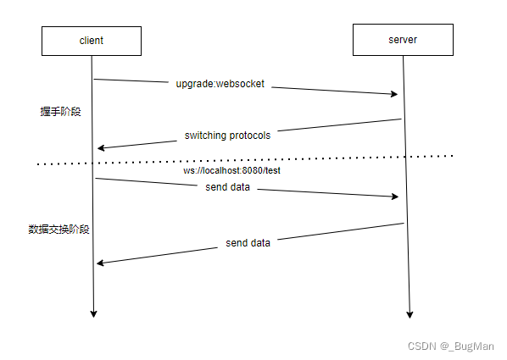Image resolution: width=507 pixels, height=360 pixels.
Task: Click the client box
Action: pyautogui.click(x=92, y=41)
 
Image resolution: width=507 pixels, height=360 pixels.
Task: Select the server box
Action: pyautogui.click(x=403, y=40)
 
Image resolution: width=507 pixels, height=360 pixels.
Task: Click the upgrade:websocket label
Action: pyautogui.click(x=220, y=84)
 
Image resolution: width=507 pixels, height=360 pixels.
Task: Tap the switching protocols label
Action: pyautogui.click(x=227, y=136)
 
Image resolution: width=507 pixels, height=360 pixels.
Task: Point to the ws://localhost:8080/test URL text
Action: pyautogui.click(x=231, y=170)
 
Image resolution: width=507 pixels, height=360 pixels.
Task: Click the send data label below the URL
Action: pyautogui.click(x=227, y=187)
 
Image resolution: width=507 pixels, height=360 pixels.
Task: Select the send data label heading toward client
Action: pyautogui.click(x=248, y=243)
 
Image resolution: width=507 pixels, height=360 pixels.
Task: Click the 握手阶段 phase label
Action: pyautogui.click(x=60, y=112)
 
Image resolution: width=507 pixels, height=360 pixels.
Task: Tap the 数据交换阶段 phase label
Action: pyautogui.click(x=58, y=230)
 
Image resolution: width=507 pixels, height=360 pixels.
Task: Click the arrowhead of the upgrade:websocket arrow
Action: pyautogui.click(x=394, y=94)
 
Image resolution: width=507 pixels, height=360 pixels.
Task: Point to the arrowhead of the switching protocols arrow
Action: pyautogui.click(x=101, y=148)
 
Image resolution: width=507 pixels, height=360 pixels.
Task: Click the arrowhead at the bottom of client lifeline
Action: pyautogui.click(x=93, y=314)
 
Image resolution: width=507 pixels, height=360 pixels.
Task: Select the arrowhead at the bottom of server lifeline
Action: pyautogui.click(x=409, y=315)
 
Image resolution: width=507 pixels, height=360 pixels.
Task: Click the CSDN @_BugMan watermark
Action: pyautogui.click(x=451, y=346)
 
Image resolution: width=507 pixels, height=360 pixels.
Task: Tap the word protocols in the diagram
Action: pyautogui.click(x=250, y=136)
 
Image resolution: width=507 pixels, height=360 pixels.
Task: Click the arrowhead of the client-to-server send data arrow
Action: pyautogui.click(x=395, y=197)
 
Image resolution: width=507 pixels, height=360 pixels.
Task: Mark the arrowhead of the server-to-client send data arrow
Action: pyautogui.click(x=100, y=263)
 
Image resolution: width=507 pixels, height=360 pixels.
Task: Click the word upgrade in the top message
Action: pyautogui.click(x=194, y=84)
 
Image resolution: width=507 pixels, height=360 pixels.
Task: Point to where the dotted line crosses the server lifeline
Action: pyautogui.click(x=405, y=157)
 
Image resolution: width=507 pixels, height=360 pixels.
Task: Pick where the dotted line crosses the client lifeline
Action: pyautogui.click(x=92, y=163)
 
